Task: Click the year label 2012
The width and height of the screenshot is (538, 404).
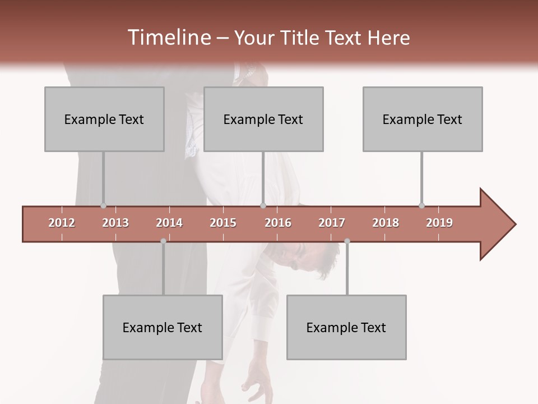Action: pyautogui.click(x=62, y=223)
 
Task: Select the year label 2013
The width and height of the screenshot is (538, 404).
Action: pyautogui.click(x=115, y=223)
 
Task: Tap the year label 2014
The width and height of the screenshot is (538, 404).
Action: pyautogui.click(x=169, y=223)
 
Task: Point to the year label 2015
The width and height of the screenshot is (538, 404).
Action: pyautogui.click(x=223, y=223)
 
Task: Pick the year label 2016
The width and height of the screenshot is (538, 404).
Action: pyautogui.click(x=278, y=223)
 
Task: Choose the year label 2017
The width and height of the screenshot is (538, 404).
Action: pyautogui.click(x=332, y=223)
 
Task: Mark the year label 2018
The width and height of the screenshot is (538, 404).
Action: pyautogui.click(x=386, y=223)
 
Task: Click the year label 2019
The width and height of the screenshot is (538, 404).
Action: pyautogui.click(x=439, y=223)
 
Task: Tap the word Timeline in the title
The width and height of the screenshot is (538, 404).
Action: pyautogui.click(x=169, y=38)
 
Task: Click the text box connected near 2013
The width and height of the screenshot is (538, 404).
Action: pyautogui.click(x=104, y=119)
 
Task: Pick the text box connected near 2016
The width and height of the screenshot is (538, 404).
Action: pyautogui.click(x=263, y=119)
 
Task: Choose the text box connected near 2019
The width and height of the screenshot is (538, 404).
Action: pyautogui.click(x=423, y=119)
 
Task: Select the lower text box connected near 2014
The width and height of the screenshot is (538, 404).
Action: pyautogui.click(x=163, y=327)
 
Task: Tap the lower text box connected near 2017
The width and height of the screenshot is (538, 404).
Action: pyautogui.click(x=346, y=327)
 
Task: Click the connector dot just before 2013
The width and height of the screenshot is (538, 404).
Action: pyautogui.click(x=103, y=205)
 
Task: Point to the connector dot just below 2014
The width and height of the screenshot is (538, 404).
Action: pyautogui.click(x=163, y=241)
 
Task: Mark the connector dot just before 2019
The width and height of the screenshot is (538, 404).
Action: pyautogui.click(x=421, y=205)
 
